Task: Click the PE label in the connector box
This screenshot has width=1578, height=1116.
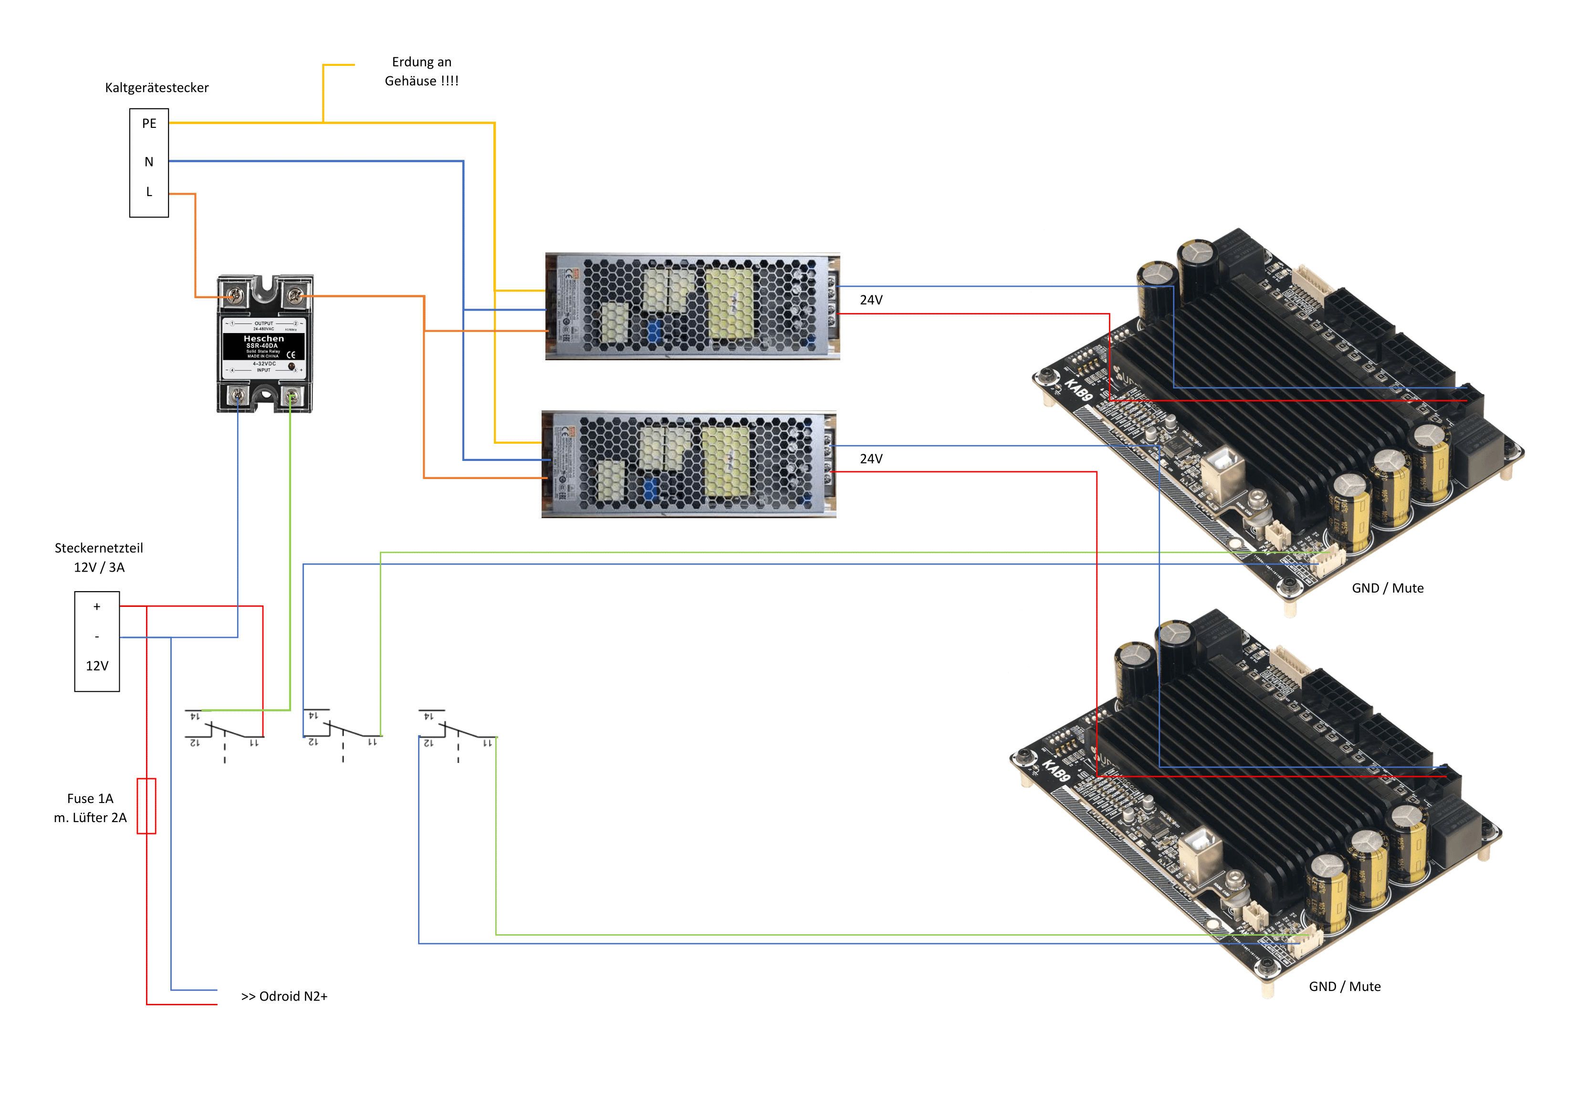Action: [149, 124]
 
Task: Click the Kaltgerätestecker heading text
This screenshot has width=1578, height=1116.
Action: [157, 88]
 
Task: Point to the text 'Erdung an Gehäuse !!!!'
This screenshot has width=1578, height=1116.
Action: [421, 72]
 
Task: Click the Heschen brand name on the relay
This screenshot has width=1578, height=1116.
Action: [264, 339]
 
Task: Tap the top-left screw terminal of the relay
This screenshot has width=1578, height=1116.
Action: [236, 295]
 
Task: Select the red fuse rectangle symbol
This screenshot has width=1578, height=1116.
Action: [146, 806]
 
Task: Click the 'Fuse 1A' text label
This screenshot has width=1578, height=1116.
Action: [90, 799]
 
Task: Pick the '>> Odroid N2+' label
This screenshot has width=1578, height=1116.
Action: [284, 996]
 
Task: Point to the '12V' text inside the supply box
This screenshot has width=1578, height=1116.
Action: [97, 666]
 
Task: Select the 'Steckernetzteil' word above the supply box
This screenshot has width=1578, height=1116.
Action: [99, 548]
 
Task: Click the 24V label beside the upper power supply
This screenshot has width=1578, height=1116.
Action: [871, 300]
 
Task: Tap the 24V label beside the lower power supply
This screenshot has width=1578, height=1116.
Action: [871, 459]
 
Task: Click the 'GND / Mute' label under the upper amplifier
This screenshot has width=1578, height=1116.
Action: [1388, 588]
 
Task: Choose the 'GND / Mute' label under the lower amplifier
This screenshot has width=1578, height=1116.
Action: [1344, 987]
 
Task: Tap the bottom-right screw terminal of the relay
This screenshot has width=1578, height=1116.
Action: [292, 397]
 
